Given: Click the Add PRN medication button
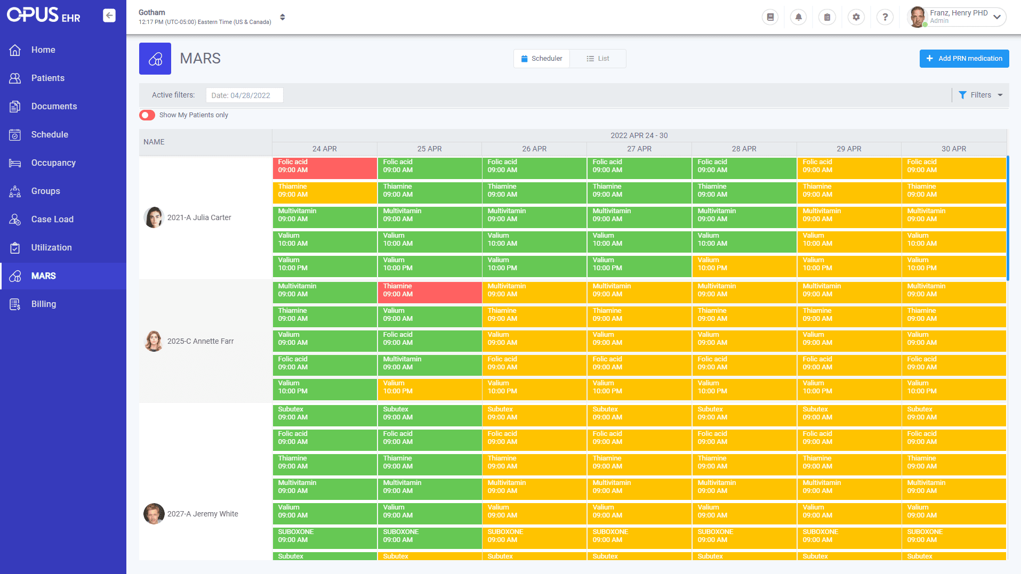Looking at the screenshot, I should coord(963,59).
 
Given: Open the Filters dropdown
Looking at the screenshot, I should coord(980,95).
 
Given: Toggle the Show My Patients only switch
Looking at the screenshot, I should coord(147,115).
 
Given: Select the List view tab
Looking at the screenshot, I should coord(598,59).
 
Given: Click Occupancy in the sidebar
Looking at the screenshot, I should coord(53,163).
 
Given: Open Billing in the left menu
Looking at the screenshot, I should coord(43,304).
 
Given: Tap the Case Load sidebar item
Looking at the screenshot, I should coord(52,219).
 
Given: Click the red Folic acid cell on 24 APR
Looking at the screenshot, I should coord(324,168).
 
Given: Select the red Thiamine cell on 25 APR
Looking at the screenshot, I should coord(429,292).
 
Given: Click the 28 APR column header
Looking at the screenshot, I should coord(744,149).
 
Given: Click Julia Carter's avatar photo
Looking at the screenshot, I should coord(154,217).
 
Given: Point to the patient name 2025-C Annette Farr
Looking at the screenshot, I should coord(200,341).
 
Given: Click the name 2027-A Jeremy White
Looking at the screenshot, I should coord(203,514).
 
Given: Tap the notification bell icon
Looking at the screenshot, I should coord(798,17).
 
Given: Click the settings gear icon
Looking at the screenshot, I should coord(856,17).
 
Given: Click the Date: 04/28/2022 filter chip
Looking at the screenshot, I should coord(244,95).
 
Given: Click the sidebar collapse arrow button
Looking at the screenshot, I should coord(109,15).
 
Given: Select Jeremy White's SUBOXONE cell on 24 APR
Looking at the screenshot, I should coord(324,537).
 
